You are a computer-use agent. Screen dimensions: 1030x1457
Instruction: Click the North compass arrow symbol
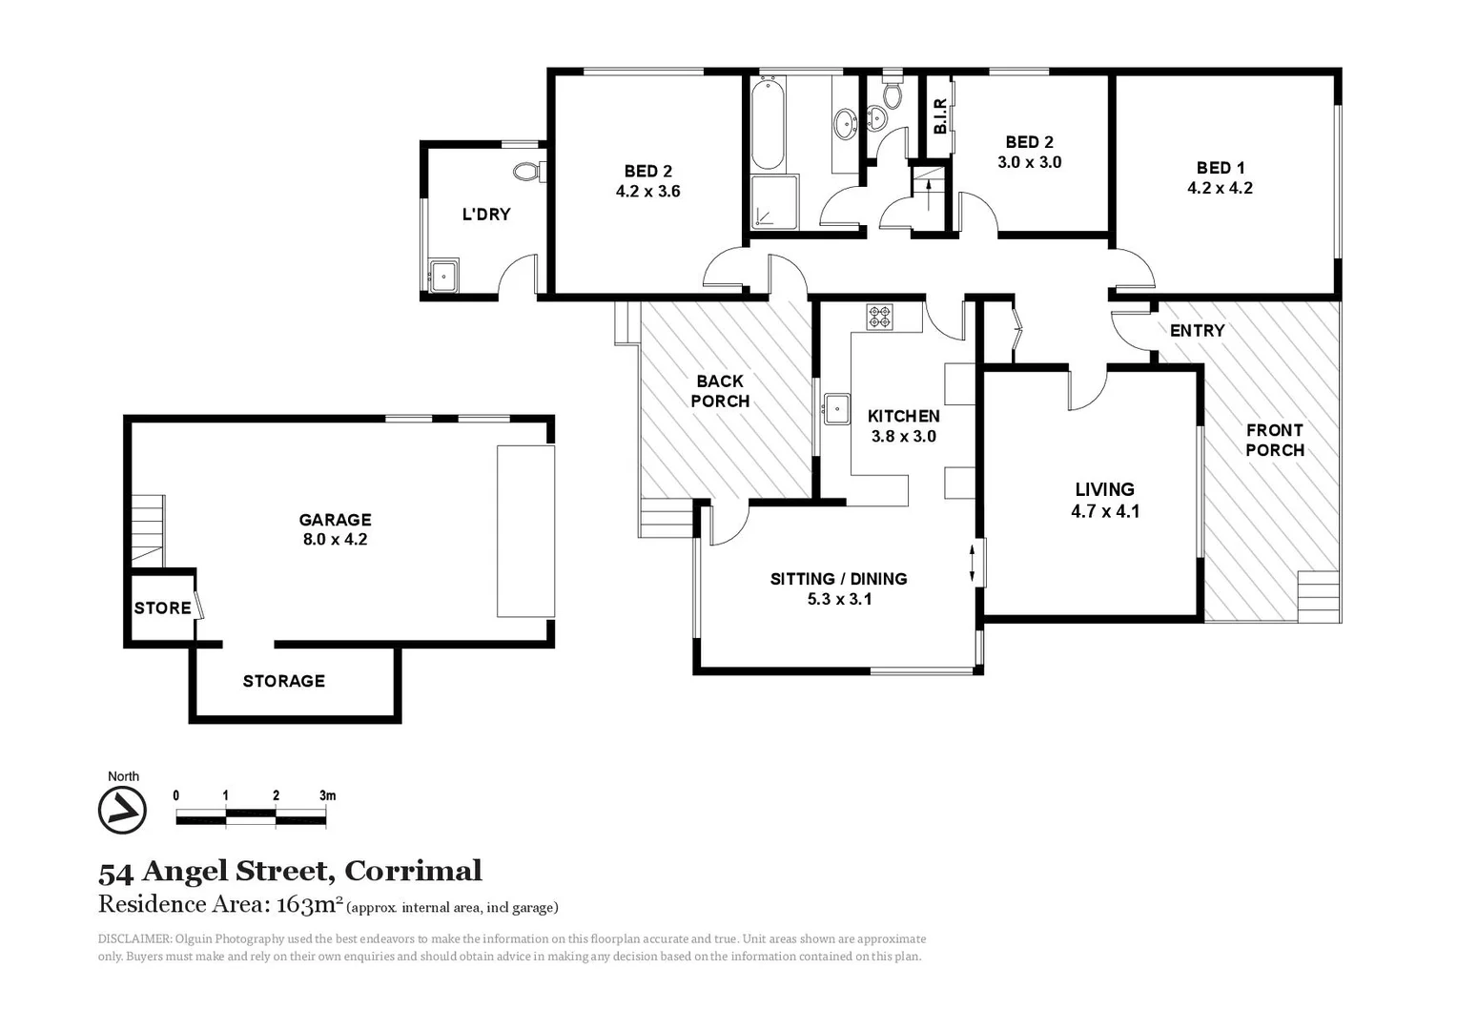click(x=122, y=811)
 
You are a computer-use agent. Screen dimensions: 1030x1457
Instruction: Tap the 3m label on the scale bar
click(x=327, y=795)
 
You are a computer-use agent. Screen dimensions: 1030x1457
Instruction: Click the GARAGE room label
click(x=335, y=520)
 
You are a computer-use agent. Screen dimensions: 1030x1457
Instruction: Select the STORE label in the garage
click(x=162, y=608)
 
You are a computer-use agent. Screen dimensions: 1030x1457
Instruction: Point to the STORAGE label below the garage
click(x=283, y=681)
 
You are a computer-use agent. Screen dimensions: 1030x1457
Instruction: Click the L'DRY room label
click(x=486, y=215)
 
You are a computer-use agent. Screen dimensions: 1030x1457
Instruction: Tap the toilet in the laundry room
click(x=526, y=173)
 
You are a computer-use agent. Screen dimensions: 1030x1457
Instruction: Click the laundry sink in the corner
click(x=443, y=276)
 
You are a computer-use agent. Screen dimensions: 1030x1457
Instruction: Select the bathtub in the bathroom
click(x=768, y=124)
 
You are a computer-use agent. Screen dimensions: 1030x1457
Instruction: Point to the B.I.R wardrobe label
click(x=940, y=116)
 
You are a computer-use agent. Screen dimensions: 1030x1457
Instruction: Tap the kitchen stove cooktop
click(x=879, y=316)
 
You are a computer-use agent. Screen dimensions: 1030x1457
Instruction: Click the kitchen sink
click(x=837, y=408)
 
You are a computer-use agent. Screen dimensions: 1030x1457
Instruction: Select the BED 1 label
click(x=1221, y=168)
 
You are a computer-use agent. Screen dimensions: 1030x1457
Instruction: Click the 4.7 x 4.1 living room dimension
click(x=1105, y=511)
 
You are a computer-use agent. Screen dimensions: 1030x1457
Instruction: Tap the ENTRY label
click(x=1197, y=331)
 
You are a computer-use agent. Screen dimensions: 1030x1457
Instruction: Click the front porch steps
click(x=1319, y=596)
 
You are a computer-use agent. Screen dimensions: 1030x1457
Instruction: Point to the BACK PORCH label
click(x=720, y=391)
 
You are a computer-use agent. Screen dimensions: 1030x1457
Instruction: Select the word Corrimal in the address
click(x=413, y=871)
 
